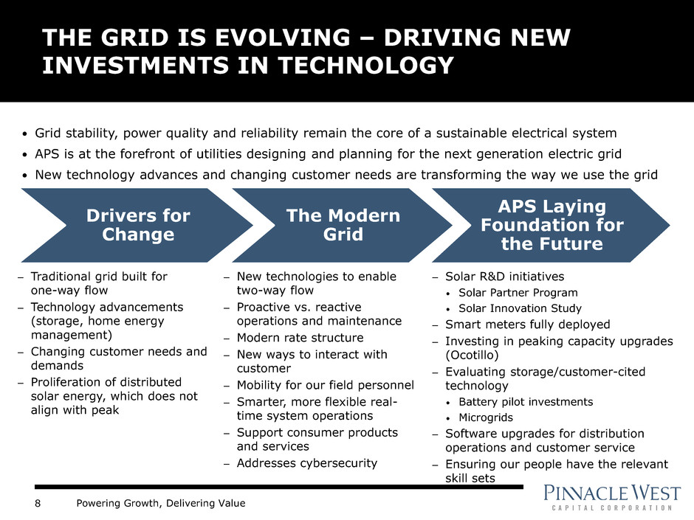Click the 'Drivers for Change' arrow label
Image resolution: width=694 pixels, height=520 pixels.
tap(138, 225)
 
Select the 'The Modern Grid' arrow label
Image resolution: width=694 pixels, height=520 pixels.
tap(343, 225)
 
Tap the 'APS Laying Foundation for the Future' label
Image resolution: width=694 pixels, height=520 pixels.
tap(552, 225)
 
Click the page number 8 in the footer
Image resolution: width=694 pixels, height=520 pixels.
tap(38, 503)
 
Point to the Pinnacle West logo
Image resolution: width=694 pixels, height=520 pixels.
tap(611, 497)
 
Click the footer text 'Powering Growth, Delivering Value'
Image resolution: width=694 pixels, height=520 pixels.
tap(161, 503)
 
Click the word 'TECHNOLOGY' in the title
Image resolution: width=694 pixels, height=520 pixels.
tap(365, 66)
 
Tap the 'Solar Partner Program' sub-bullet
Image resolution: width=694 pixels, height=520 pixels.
tap(518, 293)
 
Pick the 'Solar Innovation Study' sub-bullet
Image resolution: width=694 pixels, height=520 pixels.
tap(520, 308)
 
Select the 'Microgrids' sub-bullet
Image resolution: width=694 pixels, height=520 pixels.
tap(486, 417)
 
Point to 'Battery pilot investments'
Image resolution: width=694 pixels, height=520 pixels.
tap(526, 401)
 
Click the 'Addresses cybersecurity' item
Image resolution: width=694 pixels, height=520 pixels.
tap(307, 463)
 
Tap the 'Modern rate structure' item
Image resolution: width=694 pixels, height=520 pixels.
tap(300, 338)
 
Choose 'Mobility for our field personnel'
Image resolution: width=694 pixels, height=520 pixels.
tap(326, 385)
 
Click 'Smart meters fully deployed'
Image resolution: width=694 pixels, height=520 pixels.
tap(528, 325)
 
